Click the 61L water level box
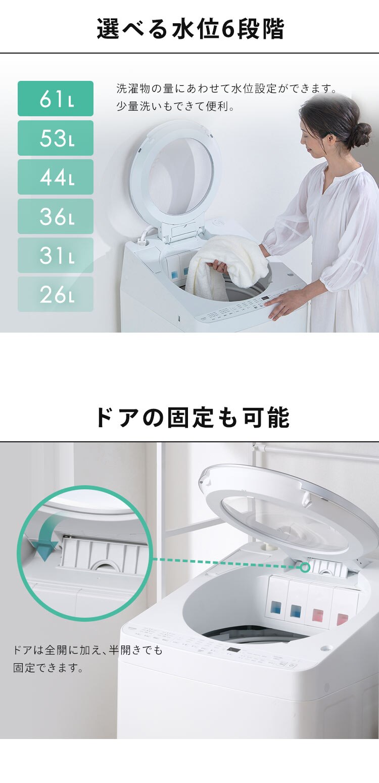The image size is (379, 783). pos(56,99)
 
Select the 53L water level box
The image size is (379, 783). pos(56,138)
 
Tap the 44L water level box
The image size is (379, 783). pos(56,177)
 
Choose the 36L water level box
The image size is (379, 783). pos(56,216)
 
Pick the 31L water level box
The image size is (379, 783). pos(56,255)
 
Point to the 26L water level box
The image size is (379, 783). pos(56,294)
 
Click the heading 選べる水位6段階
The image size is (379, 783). pos(190,29)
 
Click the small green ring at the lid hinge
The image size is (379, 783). pos(305,567)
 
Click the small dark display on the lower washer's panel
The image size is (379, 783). pos(233,650)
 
